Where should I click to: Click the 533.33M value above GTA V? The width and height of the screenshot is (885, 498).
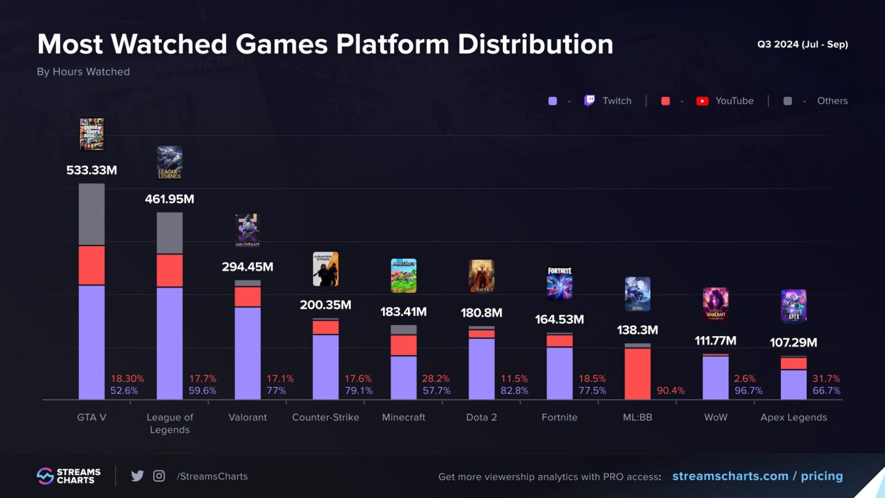pos(92,170)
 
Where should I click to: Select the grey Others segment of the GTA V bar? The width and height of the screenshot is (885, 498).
pos(92,214)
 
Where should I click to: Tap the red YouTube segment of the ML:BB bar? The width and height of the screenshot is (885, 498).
pos(637,373)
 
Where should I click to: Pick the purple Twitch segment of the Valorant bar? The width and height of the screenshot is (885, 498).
pos(248,353)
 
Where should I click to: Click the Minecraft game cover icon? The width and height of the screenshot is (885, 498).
pos(403,276)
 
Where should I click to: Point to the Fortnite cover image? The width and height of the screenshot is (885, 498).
pos(559,283)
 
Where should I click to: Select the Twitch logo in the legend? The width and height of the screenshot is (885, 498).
pos(589,101)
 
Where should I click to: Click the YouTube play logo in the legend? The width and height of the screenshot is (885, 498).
pos(702,101)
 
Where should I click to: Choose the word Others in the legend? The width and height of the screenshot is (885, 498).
pos(832,101)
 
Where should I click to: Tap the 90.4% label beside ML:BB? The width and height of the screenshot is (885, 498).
pos(671,391)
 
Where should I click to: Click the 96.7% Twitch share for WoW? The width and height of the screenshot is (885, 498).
pos(748,391)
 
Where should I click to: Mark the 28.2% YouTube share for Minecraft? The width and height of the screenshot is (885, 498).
pos(436,379)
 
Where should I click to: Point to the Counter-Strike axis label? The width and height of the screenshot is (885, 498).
pos(326,417)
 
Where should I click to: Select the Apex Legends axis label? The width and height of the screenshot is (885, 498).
pos(793,417)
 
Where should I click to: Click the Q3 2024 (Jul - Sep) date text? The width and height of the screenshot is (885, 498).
pos(802,44)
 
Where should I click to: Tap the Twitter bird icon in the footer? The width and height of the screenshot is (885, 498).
pos(137,476)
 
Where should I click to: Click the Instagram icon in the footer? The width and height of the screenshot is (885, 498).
pos(159,476)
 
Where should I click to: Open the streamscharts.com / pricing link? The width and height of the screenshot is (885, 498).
pos(757,476)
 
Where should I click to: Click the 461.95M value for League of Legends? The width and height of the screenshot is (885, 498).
pos(169,199)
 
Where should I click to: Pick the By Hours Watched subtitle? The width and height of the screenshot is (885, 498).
pos(84,71)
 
